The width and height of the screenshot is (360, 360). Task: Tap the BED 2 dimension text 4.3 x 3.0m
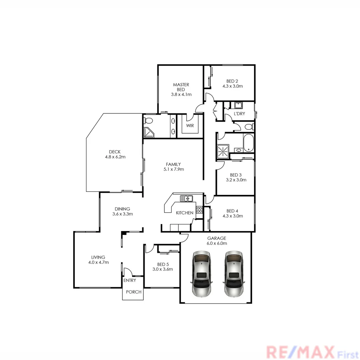click(233, 86)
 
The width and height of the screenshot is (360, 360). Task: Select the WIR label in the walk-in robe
click(190, 126)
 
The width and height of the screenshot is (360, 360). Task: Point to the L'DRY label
click(239, 114)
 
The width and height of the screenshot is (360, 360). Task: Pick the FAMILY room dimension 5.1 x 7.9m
click(173, 169)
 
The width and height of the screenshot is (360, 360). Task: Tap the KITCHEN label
click(185, 213)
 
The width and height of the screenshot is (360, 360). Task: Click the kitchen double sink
click(187, 199)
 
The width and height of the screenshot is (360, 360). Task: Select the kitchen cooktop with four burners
click(199, 210)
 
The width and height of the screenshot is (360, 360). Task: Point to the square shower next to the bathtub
click(223, 151)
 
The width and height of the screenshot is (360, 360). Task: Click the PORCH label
click(134, 292)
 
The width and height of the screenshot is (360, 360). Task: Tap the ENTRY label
click(130, 280)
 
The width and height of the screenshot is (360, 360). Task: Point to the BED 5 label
click(162, 264)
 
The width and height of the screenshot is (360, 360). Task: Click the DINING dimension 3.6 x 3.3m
click(123, 214)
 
